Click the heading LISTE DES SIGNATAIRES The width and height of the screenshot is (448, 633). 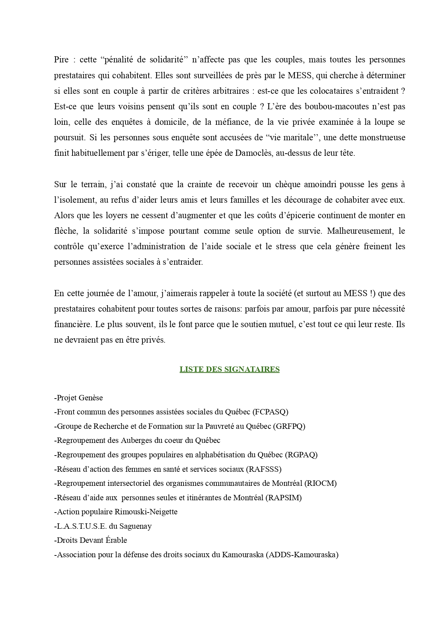pos(229,369)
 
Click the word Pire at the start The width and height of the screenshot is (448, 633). pos(61,60)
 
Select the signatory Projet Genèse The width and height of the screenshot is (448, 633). pos(79,398)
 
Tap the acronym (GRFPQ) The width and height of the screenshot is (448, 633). pos(289,426)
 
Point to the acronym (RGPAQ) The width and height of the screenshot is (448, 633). pos(301,455)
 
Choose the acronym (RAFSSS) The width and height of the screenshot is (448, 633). pos(264,469)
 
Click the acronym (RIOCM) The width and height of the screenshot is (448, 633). pos(321,483)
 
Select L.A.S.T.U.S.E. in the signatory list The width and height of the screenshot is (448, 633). pos(82,526)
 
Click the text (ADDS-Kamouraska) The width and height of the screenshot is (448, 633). pos(302,555)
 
